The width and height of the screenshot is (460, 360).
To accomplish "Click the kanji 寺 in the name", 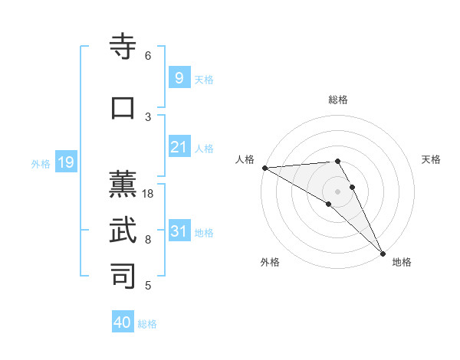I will [123, 47].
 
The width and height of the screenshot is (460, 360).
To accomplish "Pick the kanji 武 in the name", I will [123, 231].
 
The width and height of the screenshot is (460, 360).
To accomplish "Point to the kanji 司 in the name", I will [123, 276].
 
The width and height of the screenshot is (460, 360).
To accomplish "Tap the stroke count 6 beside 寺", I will [148, 56].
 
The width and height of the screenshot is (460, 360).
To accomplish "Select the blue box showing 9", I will [179, 78].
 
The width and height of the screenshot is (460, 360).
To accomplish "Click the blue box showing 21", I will [179, 147].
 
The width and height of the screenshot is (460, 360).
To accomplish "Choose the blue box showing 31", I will [179, 231].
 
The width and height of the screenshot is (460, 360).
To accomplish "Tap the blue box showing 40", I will [123, 322].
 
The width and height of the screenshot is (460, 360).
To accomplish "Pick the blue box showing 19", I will [65, 162].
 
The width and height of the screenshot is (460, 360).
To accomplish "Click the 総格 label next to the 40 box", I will [147, 324].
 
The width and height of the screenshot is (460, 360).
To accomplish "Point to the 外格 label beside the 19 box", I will [41, 163].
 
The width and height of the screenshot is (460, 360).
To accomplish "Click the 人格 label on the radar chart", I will [245, 159].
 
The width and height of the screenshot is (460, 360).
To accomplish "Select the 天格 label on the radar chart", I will [431, 159].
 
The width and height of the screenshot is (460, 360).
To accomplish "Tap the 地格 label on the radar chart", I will [402, 262].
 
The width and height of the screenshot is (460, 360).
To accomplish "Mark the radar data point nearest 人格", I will [264, 168].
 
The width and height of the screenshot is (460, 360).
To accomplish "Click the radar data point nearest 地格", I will [383, 253].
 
